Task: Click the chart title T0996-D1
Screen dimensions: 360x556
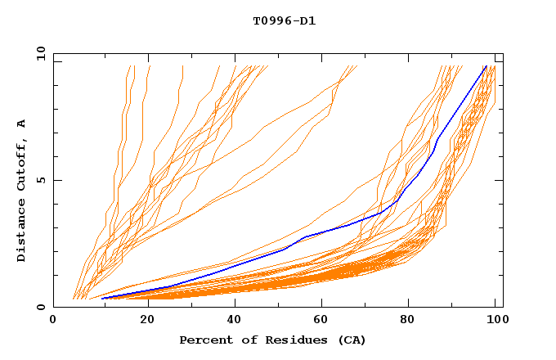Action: click(x=284, y=20)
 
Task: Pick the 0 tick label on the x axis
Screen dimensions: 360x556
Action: click(x=54, y=320)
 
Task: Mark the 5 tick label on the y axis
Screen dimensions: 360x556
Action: click(x=40, y=180)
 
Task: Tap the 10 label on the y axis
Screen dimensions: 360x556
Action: click(x=38, y=53)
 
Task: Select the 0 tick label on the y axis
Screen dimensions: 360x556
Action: click(x=40, y=307)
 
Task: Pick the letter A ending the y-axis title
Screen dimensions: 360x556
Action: click(x=21, y=124)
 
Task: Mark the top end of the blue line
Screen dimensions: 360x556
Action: click(x=486, y=66)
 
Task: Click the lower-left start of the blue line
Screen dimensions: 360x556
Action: click(x=102, y=299)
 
